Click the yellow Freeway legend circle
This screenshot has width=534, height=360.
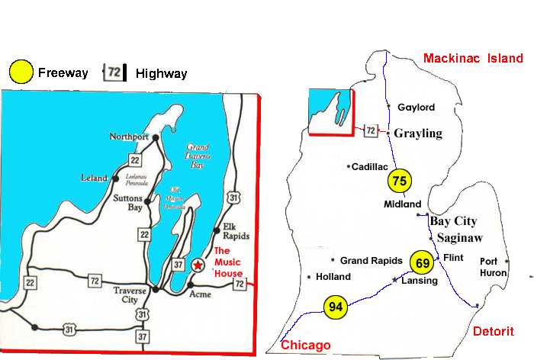[21, 72]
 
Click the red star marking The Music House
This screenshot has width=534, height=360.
[198, 265]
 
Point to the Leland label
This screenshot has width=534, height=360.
[95, 178]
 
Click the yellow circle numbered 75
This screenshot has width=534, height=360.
[399, 181]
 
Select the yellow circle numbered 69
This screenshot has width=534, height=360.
[423, 262]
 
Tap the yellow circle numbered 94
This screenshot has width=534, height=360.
[335, 307]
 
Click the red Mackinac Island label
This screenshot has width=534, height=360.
[473, 58]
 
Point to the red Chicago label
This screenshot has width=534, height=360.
[306, 345]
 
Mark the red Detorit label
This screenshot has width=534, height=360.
[493, 330]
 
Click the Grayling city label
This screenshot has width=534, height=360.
[418, 133]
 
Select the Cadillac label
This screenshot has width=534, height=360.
[370, 166]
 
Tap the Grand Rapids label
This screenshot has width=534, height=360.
[372, 260]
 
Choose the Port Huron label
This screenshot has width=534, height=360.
[490, 266]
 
